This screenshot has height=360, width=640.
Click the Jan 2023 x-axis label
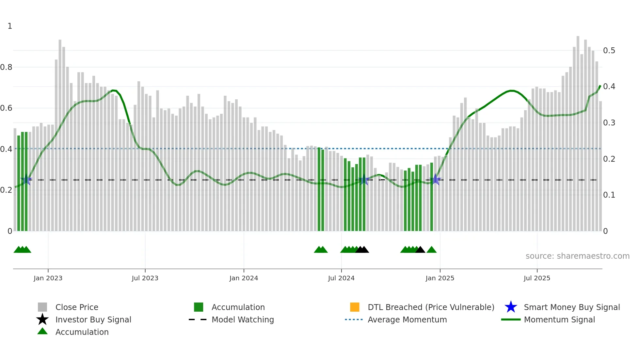(48, 278)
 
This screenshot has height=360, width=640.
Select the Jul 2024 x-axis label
(341, 278)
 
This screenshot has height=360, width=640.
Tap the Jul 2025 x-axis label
(536, 278)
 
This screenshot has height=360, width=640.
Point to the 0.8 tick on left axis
(6, 67)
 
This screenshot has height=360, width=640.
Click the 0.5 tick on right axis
(609, 51)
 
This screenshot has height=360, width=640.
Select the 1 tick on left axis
(10, 26)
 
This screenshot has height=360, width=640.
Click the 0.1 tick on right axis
(609, 195)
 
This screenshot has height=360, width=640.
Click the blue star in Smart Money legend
(511, 307)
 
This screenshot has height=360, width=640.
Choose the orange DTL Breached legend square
(355, 307)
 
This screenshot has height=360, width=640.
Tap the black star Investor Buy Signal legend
(42, 319)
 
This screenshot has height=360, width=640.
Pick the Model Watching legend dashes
(198, 319)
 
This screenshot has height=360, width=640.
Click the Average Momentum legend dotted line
(354, 319)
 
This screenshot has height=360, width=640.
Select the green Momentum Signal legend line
(511, 319)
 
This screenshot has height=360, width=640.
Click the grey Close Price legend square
(42, 307)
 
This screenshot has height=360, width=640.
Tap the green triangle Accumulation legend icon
(42, 331)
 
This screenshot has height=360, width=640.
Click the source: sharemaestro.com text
(577, 256)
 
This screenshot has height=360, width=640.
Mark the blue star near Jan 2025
(435, 180)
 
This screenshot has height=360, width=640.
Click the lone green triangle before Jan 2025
(431, 250)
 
